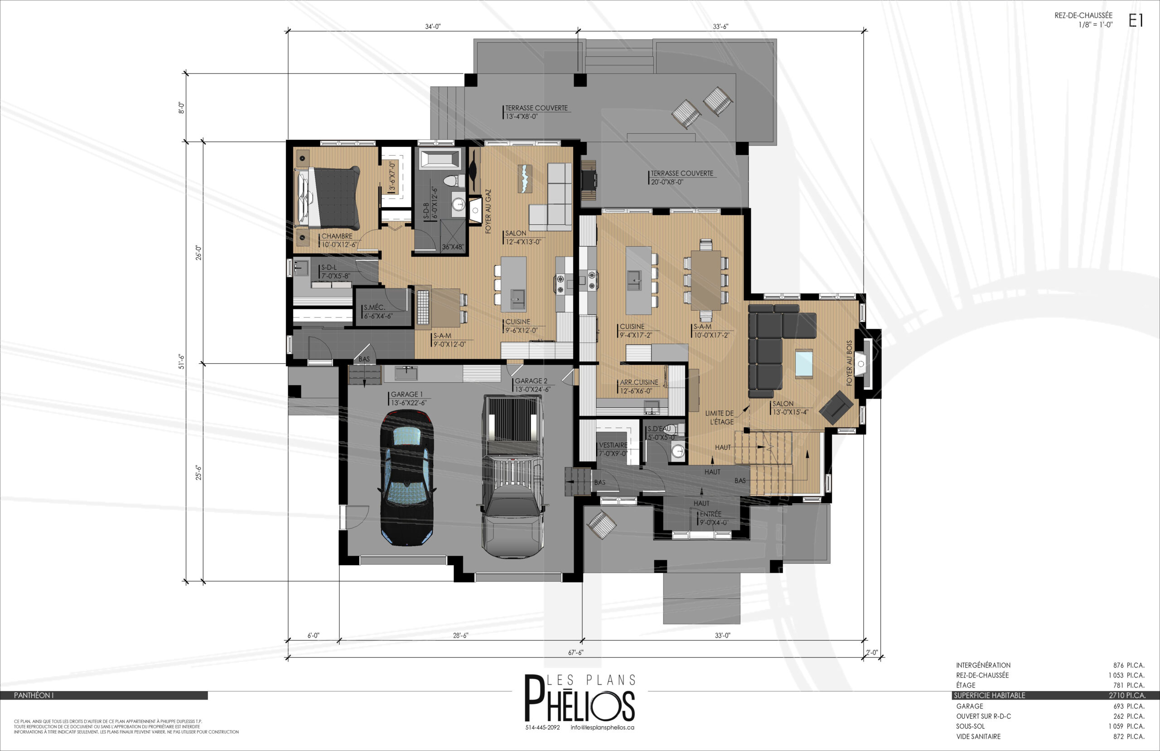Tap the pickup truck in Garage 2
(512, 477)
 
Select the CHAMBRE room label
(337, 236)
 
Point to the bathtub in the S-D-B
(440, 160)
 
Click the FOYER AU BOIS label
(850, 363)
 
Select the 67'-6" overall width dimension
(576, 653)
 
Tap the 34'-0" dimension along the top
(433, 26)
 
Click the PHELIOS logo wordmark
(580, 698)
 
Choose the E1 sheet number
(1136, 20)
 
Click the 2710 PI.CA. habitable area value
(1127, 695)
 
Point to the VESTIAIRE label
(613, 445)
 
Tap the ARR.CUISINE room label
(639, 382)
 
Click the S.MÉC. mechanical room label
(374, 307)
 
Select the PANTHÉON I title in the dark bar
(34, 695)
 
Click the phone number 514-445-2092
(542, 727)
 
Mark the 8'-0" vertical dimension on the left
(181, 107)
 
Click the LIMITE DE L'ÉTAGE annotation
(720, 417)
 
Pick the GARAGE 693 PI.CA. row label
(970, 706)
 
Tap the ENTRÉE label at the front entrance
(710, 514)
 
